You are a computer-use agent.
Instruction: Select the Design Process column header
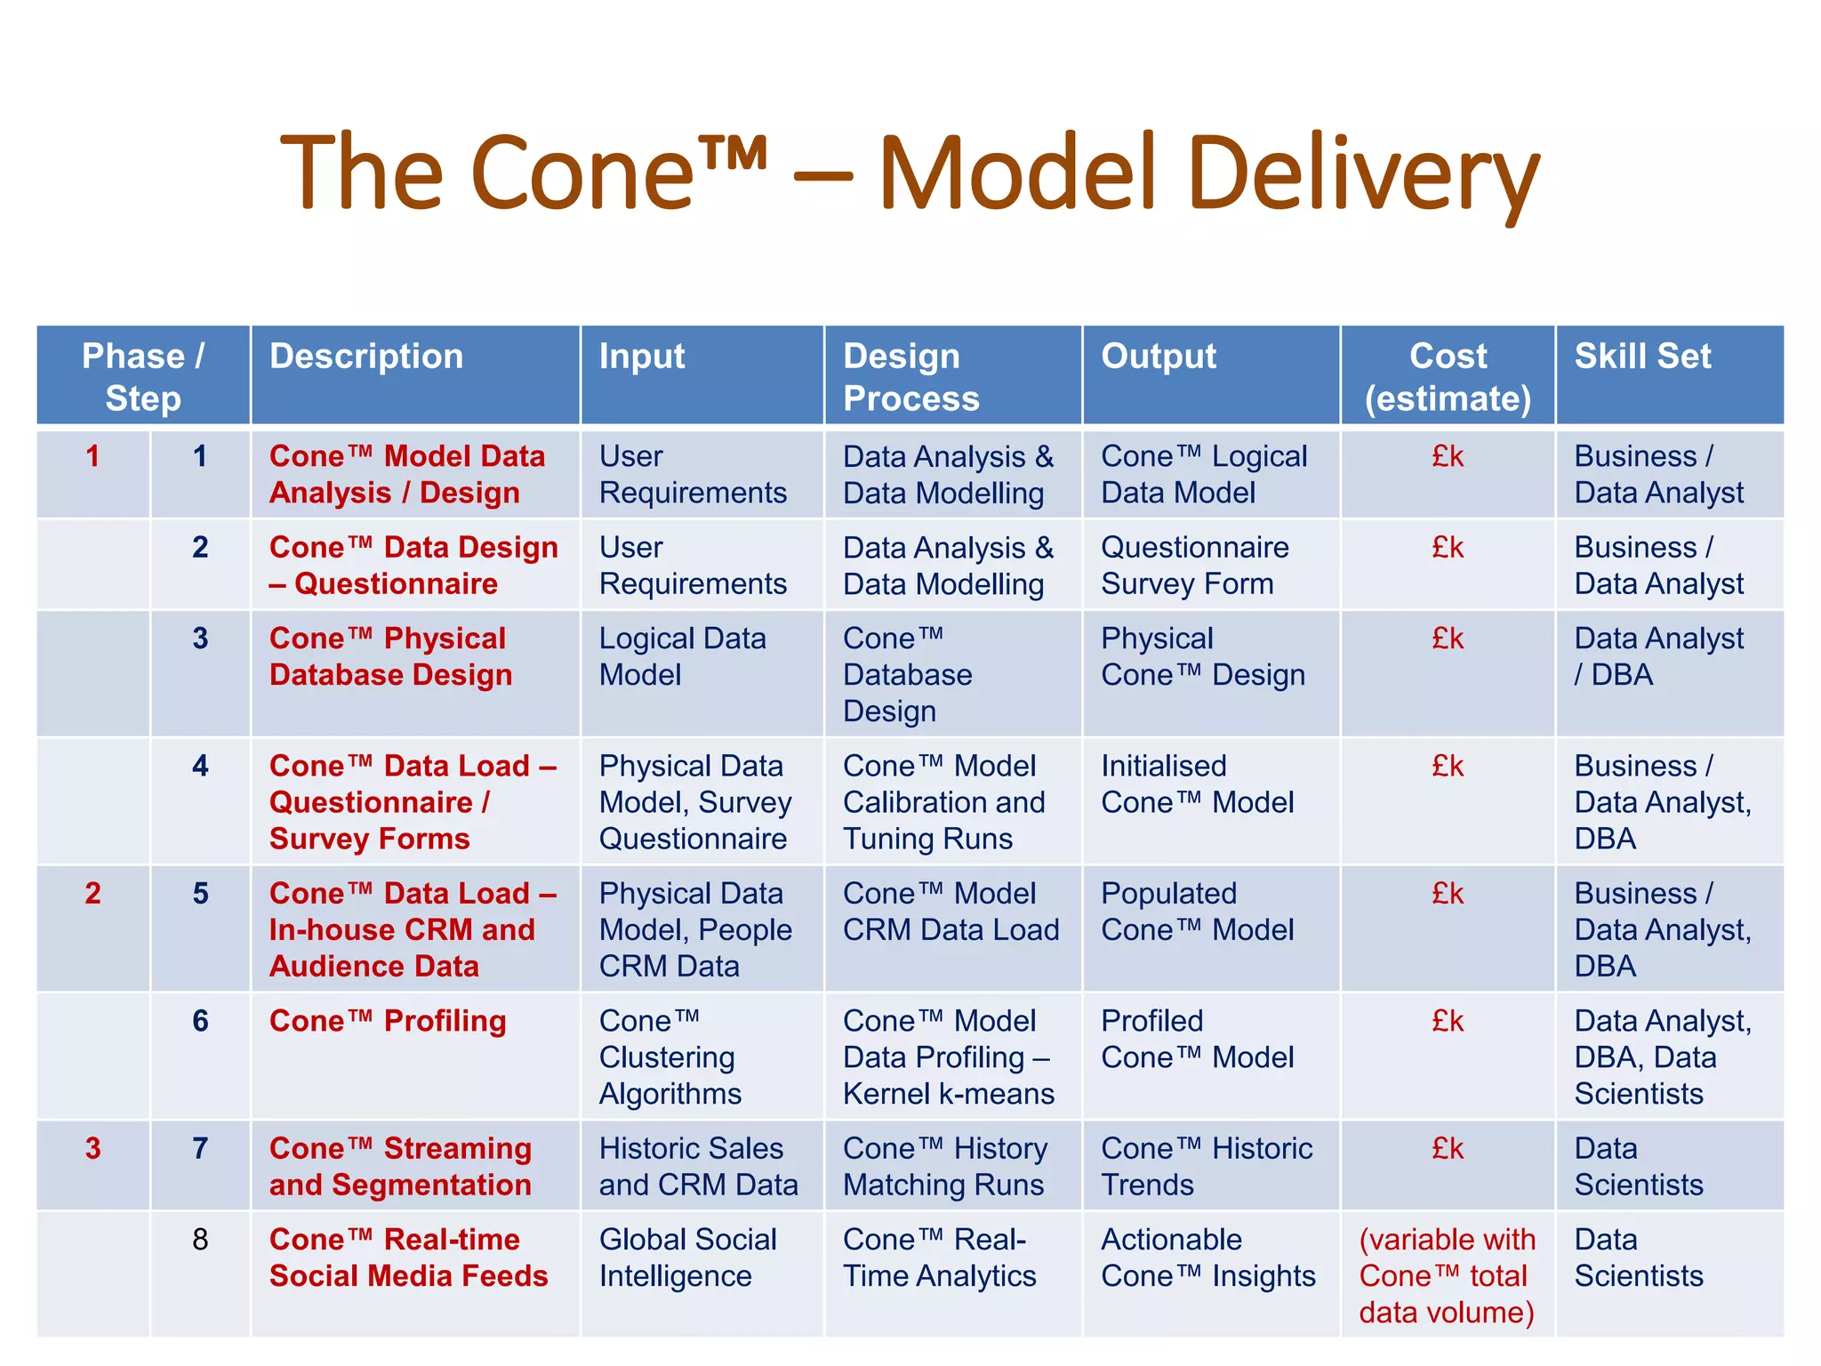click(x=910, y=377)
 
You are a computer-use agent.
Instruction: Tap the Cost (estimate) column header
click(x=1448, y=377)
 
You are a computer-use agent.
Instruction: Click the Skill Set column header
click(x=1642, y=357)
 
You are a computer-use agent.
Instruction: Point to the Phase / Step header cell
click(x=143, y=377)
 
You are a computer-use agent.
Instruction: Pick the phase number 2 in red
click(x=92, y=893)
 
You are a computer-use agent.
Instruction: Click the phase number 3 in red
click(x=92, y=1148)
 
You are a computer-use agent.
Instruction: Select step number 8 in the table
click(x=200, y=1239)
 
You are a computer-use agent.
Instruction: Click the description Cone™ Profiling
click(x=388, y=1021)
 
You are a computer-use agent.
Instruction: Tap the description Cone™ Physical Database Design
click(x=390, y=656)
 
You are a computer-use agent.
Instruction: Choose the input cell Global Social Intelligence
click(x=687, y=1258)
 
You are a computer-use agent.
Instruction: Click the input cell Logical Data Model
click(x=682, y=656)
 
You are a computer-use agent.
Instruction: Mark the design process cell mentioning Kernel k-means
click(x=948, y=1057)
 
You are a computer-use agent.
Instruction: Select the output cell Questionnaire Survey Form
click(x=1194, y=566)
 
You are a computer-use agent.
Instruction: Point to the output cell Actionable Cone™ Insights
click(x=1207, y=1258)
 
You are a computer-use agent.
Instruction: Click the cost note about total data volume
click(x=1447, y=1275)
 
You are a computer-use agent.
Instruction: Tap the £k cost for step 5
click(x=1448, y=893)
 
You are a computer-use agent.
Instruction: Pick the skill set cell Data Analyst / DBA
click(x=1658, y=656)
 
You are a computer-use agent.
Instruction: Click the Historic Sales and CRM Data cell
click(x=698, y=1167)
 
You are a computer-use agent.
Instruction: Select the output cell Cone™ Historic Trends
click(x=1207, y=1167)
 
